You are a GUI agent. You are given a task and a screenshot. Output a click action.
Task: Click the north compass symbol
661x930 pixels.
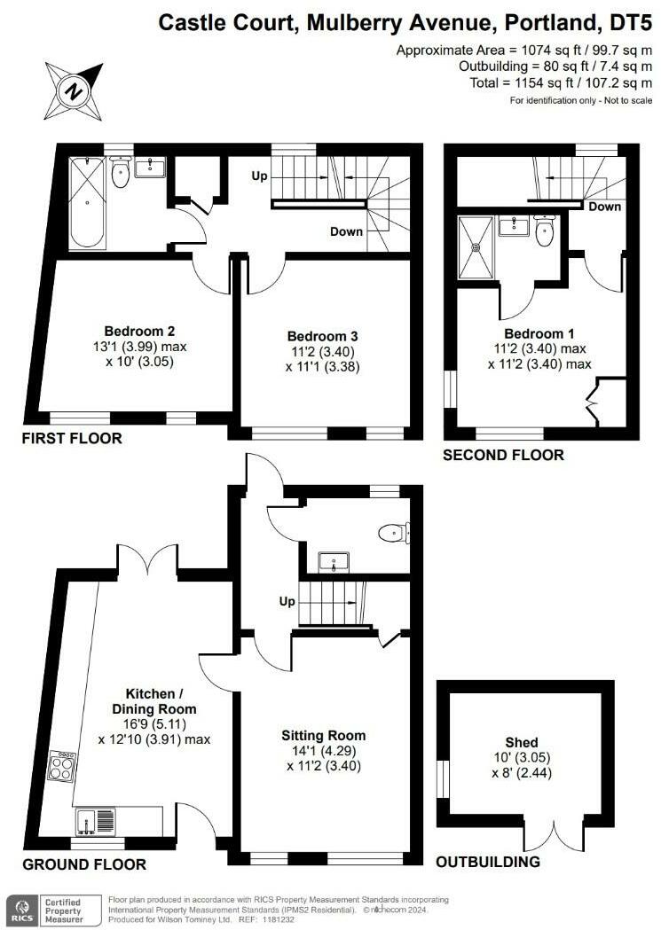point(74,90)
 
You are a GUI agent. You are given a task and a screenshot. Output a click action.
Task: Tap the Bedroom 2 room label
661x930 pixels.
point(132,332)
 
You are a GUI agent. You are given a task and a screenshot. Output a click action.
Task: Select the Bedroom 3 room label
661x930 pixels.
point(322,336)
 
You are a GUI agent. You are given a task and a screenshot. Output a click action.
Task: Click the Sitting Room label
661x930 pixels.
point(323,735)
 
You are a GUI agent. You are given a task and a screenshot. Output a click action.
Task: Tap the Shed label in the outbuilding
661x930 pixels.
point(523,742)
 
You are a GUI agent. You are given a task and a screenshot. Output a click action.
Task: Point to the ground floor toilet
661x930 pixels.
point(393,533)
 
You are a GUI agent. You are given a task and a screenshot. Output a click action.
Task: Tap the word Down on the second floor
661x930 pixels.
point(604,207)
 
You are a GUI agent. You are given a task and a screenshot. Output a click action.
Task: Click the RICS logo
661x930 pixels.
point(20,908)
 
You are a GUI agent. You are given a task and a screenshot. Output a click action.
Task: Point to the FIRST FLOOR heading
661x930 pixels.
point(73,438)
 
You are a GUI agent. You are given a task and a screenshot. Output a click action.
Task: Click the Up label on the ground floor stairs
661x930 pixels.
point(287,601)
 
